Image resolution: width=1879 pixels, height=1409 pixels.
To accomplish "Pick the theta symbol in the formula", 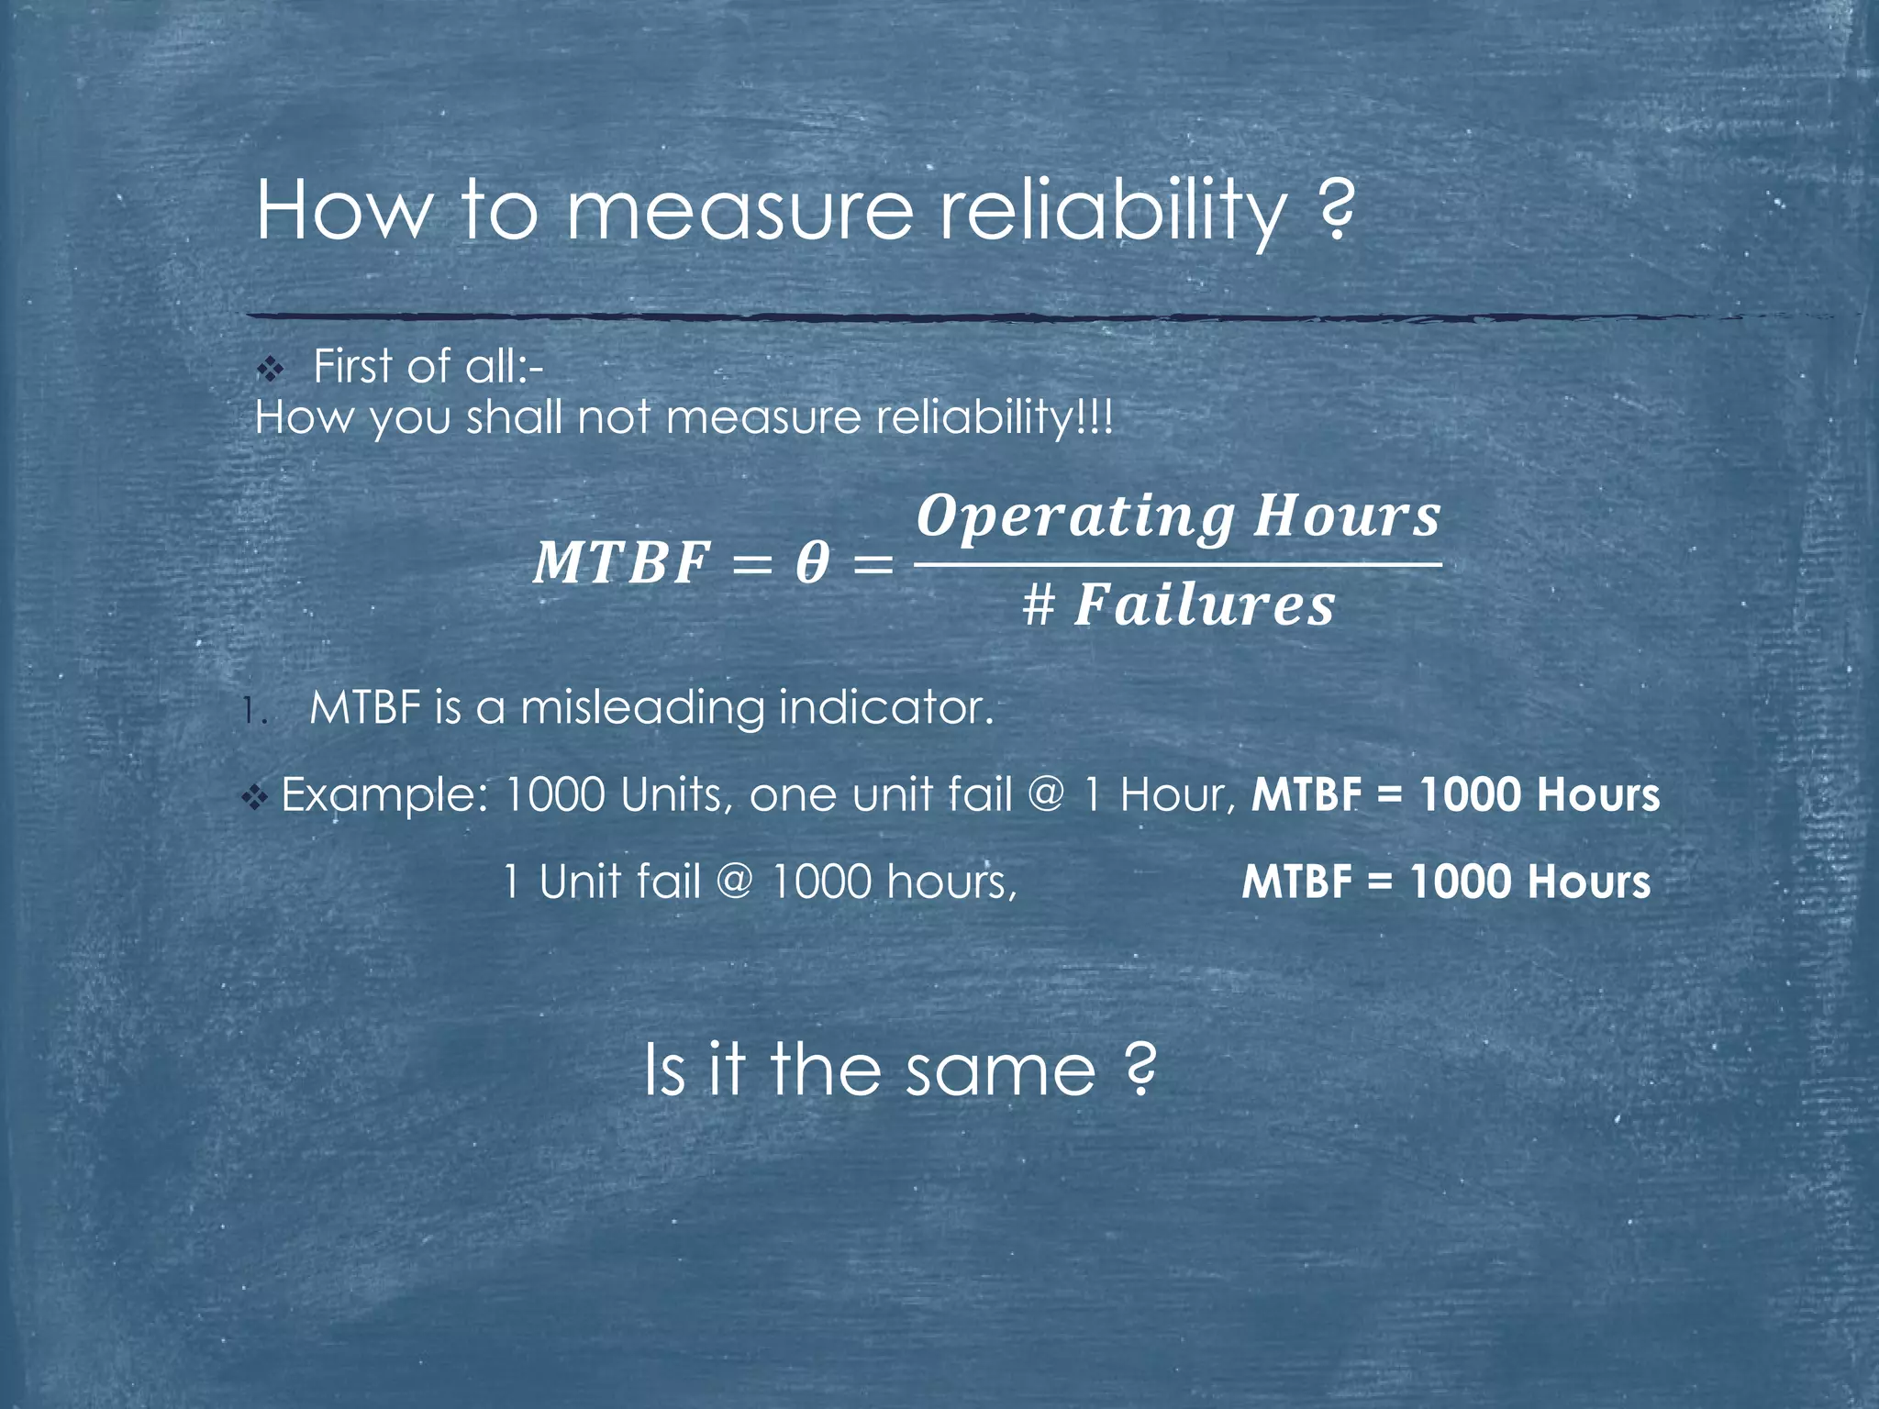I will click(x=812, y=562).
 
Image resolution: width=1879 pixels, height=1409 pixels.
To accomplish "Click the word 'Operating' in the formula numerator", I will click(x=1075, y=516).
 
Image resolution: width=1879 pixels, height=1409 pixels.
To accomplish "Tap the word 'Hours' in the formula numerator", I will click(x=1347, y=516).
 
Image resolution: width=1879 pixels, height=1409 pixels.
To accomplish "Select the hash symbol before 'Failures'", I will click(x=1039, y=606).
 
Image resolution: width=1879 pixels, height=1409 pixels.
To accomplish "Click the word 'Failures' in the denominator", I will click(x=1204, y=606).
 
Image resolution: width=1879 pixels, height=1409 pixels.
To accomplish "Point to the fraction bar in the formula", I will click(x=1178, y=564).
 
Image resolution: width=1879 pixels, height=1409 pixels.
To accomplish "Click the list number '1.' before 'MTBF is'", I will click(x=254, y=711).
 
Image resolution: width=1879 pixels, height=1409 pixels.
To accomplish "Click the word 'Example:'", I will click(x=384, y=795).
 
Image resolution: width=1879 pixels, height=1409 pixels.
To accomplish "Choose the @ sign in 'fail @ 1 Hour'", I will click(x=1045, y=794).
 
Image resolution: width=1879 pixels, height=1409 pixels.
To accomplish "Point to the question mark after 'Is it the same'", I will click(x=1139, y=1071).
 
